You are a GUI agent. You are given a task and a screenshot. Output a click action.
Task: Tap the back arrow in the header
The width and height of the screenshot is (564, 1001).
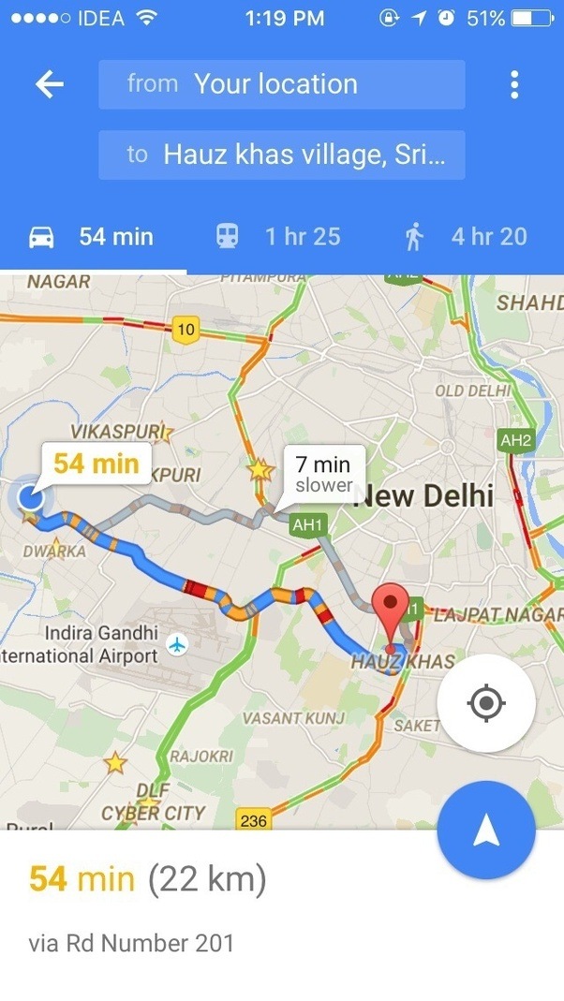[x=49, y=85]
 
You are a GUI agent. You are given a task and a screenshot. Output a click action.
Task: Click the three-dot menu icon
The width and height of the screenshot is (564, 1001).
[x=514, y=85]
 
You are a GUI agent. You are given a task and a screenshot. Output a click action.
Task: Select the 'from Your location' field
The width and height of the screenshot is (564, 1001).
[x=281, y=84]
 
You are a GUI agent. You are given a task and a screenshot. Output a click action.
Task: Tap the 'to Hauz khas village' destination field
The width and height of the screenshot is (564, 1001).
[x=281, y=155]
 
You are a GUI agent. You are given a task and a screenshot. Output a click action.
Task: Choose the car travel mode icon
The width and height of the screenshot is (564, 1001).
[x=41, y=237]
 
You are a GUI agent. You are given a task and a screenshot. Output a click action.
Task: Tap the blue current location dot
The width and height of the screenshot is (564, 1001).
[x=31, y=496]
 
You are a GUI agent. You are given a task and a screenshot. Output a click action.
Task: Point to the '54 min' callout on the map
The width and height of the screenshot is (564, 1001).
[x=96, y=463]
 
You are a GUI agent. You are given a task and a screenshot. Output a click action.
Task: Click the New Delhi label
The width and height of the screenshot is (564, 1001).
[x=424, y=496]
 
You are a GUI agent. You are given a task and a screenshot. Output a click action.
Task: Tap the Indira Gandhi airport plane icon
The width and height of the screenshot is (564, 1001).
[x=176, y=644]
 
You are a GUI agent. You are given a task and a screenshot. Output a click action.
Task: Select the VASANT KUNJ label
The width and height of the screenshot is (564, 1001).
[x=293, y=718]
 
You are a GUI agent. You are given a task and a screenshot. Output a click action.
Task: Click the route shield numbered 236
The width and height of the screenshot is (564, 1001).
[x=253, y=820]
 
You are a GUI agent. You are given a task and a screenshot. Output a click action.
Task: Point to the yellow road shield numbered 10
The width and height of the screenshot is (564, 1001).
[x=186, y=328]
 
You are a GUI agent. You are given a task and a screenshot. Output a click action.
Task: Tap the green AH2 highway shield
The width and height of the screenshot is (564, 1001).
[x=516, y=440]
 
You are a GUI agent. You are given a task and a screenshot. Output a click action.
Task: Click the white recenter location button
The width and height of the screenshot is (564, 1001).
[x=486, y=703]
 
